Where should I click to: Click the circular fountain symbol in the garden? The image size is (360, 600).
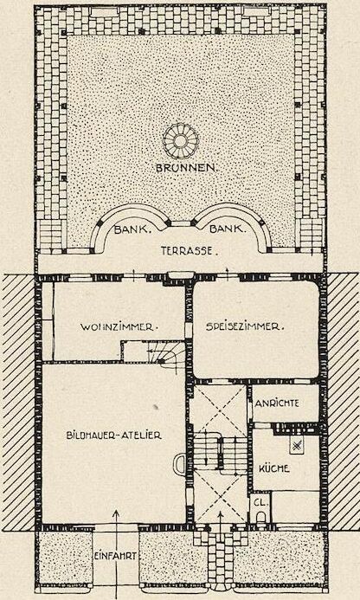(x=180, y=141)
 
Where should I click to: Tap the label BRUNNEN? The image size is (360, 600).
(x=186, y=168)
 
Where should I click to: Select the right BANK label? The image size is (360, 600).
(x=227, y=229)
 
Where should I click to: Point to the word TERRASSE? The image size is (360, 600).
(x=189, y=251)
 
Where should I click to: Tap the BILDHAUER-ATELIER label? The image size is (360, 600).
(x=113, y=435)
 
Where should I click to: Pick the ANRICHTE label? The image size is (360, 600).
(x=278, y=403)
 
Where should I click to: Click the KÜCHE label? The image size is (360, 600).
(x=274, y=468)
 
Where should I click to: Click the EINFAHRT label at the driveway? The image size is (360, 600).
(x=115, y=557)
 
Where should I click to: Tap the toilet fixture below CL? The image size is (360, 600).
(x=260, y=518)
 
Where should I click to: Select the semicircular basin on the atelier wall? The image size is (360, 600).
(x=180, y=464)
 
